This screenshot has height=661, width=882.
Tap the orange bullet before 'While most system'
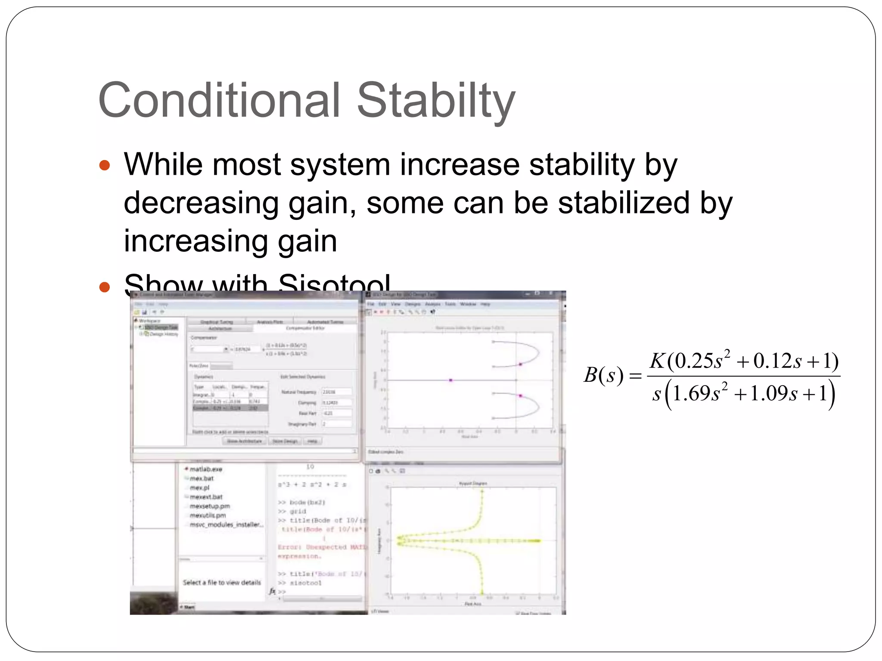pyautogui.click(x=105, y=165)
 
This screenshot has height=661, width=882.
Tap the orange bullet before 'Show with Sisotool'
pyautogui.click(x=105, y=287)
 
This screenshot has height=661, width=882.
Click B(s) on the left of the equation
pyautogui.click(x=603, y=375)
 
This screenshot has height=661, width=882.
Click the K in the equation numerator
pyautogui.click(x=658, y=361)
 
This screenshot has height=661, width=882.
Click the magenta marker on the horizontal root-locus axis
pyautogui.click(x=451, y=380)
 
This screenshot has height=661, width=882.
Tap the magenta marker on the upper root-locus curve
pyautogui.click(x=521, y=364)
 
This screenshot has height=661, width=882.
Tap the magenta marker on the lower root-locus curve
pyautogui.click(x=521, y=395)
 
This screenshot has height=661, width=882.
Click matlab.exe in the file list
pyautogui.click(x=206, y=469)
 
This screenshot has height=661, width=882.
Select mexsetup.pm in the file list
pyautogui.click(x=210, y=506)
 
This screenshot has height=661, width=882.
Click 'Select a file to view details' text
pyautogui.click(x=222, y=582)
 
